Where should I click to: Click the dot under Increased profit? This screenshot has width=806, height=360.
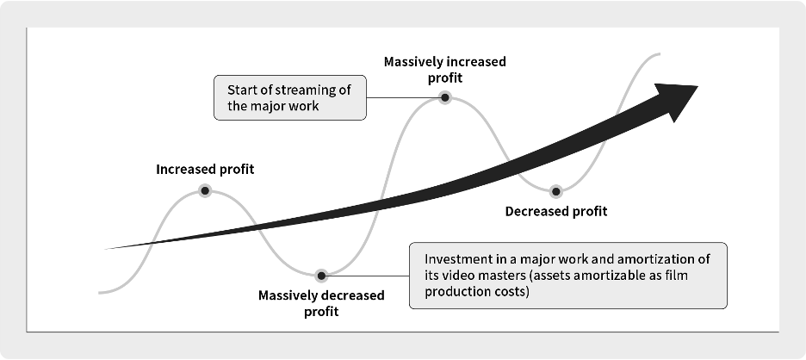pos(205,191)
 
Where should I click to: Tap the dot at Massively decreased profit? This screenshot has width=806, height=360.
pos(321,276)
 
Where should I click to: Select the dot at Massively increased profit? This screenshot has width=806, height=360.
pos(445,97)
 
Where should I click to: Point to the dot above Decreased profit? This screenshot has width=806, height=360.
pos(555,192)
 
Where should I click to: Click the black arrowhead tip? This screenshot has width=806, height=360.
pos(697,86)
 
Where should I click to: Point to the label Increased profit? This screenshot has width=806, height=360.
pos(205,170)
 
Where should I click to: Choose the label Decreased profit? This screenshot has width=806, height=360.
pos(556,211)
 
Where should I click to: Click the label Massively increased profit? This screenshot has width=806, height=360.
pos(445,70)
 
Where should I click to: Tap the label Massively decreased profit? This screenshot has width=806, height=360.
pos(321,303)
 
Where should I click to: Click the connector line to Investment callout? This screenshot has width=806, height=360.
pos(368,276)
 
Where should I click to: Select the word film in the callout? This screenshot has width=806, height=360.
pos(677,275)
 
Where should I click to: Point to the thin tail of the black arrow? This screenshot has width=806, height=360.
pos(105,249)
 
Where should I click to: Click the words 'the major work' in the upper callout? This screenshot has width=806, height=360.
pos(273,107)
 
